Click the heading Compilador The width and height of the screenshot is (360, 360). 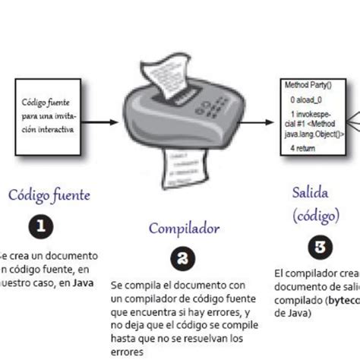click(184, 227)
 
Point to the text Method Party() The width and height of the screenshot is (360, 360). click(309, 85)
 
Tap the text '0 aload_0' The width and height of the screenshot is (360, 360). click(308, 99)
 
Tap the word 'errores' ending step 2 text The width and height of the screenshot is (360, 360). click(128, 351)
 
